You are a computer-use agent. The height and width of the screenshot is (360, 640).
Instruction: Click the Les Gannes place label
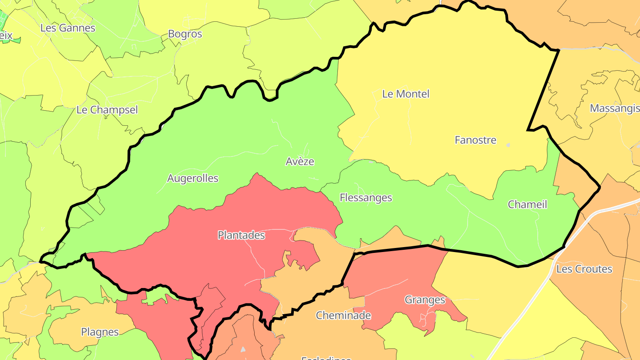68,28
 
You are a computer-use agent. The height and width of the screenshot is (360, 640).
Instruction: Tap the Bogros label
185,34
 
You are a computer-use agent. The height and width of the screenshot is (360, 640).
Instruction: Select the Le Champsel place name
107,110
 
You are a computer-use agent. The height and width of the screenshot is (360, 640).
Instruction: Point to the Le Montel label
406,94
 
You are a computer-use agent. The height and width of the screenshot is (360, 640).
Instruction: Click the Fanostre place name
475,140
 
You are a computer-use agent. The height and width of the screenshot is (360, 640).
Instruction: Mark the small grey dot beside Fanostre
508,145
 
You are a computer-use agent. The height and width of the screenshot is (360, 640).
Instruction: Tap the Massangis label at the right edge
614,108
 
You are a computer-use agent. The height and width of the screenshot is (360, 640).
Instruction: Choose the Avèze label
300,161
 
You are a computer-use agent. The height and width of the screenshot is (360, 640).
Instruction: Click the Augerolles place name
192,178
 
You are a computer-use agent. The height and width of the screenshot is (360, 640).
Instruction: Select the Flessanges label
366,198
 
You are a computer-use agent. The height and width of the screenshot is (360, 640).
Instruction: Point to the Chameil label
527,204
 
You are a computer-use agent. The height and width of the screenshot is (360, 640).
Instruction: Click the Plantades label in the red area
241,235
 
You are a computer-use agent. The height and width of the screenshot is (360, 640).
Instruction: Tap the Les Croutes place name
584,269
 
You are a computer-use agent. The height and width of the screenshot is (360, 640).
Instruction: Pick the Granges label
424,300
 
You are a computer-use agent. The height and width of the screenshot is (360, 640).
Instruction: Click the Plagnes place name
100,332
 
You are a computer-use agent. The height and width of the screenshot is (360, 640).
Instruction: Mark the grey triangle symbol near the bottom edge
243,349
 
